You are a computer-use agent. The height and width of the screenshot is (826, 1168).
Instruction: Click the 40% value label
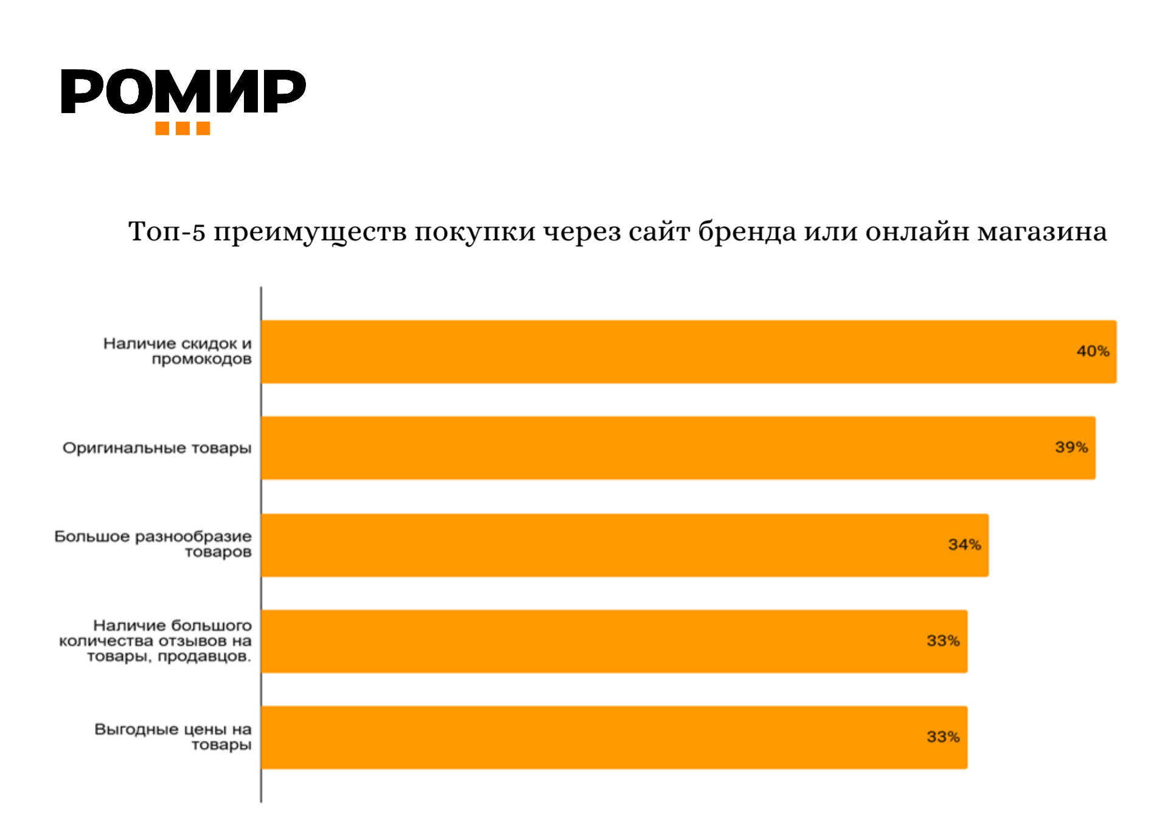coord(1093,352)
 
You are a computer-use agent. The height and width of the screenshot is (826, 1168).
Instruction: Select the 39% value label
coord(1071,448)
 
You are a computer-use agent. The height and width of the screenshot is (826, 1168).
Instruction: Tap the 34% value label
coord(964,545)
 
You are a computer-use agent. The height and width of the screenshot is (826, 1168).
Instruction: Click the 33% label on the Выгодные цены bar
coord(943,737)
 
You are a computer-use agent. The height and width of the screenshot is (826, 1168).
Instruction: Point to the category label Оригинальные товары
coord(157,448)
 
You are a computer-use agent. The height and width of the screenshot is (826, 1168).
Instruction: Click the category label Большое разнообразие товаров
coord(153,544)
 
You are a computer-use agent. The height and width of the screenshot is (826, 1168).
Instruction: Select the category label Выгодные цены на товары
coord(173,737)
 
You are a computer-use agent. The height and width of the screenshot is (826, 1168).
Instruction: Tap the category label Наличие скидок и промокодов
coord(178,351)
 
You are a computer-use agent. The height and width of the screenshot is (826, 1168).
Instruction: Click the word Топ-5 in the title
coord(167,232)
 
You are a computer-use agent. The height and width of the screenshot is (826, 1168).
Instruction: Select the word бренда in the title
coord(746,232)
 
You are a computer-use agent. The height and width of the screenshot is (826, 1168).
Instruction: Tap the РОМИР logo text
coord(183,92)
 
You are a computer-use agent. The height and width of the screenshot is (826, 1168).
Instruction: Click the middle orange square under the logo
coord(182,128)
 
